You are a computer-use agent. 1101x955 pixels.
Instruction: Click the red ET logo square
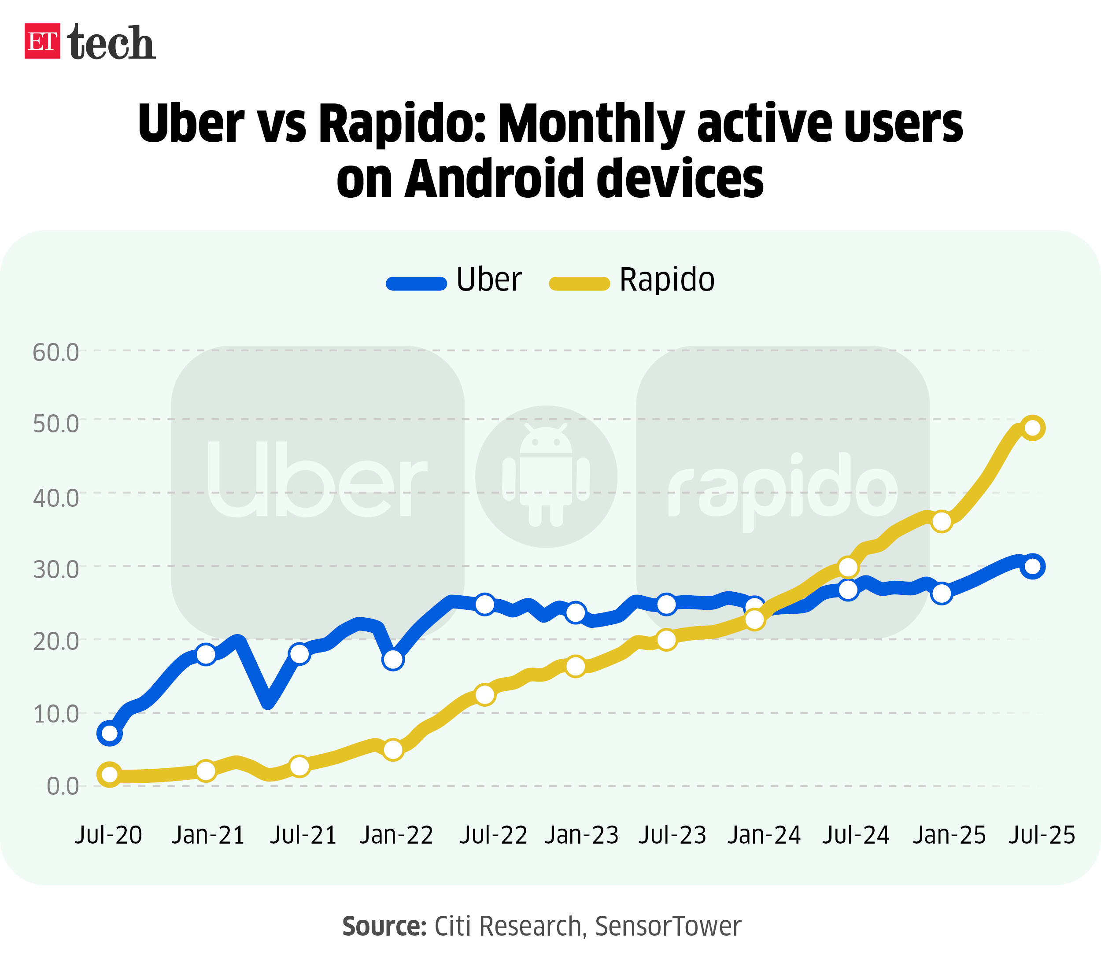pyautogui.click(x=42, y=41)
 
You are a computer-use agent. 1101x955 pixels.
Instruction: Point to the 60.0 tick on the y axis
pyautogui.click(x=56, y=352)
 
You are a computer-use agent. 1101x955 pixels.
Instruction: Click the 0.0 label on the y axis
pyautogui.click(x=63, y=786)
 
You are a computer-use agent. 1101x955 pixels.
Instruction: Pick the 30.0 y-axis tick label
pyautogui.click(x=56, y=569)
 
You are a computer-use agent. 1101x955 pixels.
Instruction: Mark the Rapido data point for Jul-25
pyautogui.click(x=1032, y=428)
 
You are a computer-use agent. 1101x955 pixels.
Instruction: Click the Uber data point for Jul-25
pyautogui.click(x=1032, y=566)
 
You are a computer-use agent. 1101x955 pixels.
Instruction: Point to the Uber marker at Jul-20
pyautogui.click(x=110, y=733)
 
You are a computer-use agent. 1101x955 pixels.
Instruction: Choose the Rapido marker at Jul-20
pyautogui.click(x=110, y=775)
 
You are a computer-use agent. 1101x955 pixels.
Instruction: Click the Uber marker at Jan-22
pyautogui.click(x=393, y=660)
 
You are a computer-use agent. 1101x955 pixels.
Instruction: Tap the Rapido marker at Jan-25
pyautogui.click(x=942, y=521)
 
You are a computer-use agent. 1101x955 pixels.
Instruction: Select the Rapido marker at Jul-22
pyautogui.click(x=484, y=694)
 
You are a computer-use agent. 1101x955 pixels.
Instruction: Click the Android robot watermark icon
pyautogui.click(x=546, y=476)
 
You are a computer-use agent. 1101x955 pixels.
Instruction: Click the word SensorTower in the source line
pyautogui.click(x=668, y=926)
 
